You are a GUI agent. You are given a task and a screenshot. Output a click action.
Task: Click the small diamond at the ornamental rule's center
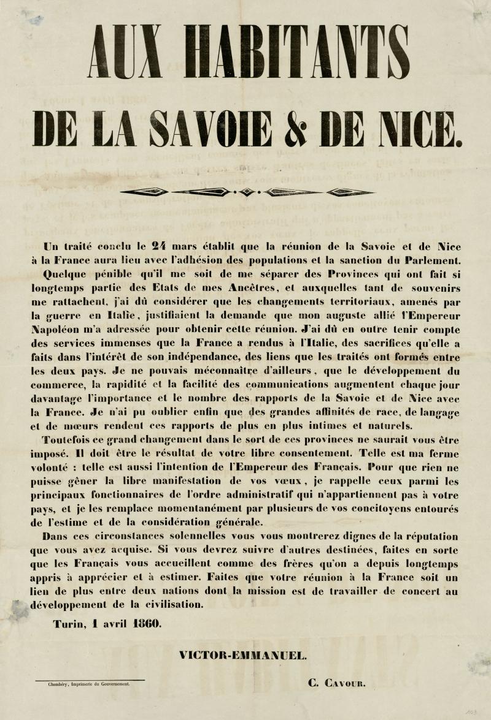(x=246, y=192)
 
